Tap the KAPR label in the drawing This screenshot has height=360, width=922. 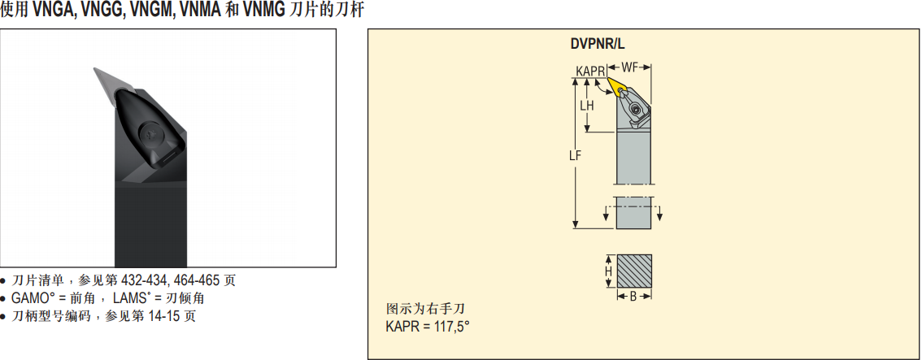point(591,71)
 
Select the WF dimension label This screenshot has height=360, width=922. point(630,67)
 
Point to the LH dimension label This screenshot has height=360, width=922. point(586,106)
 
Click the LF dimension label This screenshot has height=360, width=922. point(576,156)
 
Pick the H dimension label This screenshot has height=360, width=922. point(609,271)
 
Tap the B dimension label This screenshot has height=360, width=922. point(633,297)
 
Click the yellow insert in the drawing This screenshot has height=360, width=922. point(617,86)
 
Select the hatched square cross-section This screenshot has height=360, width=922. point(634,271)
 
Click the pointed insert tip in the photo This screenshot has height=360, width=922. point(94,69)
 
